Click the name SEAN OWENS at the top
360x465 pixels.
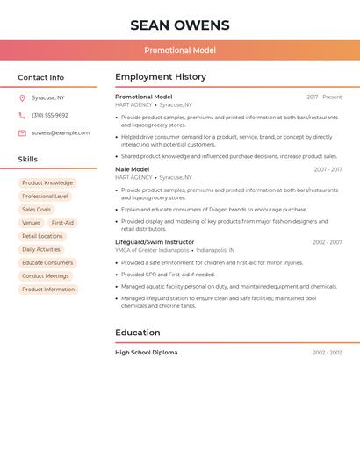pyautogui.click(x=180, y=25)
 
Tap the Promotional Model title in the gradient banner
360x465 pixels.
pyautogui.click(x=180, y=50)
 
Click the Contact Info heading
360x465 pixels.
pyautogui.click(x=41, y=77)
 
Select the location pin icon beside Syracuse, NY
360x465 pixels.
pyautogui.click(x=22, y=97)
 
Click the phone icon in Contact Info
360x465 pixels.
pyautogui.click(x=22, y=115)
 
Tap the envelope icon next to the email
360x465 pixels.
pyautogui.click(x=22, y=132)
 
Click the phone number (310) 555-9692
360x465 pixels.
pyautogui.click(x=50, y=115)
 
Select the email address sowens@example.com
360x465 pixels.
pyautogui.click(x=61, y=132)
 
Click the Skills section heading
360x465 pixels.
pyautogui.click(x=28, y=159)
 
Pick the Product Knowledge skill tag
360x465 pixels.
pyautogui.click(x=47, y=183)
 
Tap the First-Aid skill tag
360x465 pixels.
pyautogui.click(x=62, y=223)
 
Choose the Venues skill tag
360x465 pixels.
pyautogui.click(x=31, y=223)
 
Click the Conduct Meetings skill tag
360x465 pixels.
pyautogui.click(x=46, y=276)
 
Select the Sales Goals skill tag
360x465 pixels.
pyautogui.click(x=37, y=210)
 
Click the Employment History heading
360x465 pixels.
pyautogui.click(x=161, y=77)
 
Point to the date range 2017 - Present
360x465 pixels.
pyautogui.click(x=324, y=97)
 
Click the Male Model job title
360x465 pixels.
pyautogui.click(x=133, y=169)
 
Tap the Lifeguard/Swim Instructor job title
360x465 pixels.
pyautogui.click(x=155, y=242)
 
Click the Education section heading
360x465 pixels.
pyautogui.click(x=138, y=333)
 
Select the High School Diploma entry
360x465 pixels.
pyautogui.click(x=147, y=353)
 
